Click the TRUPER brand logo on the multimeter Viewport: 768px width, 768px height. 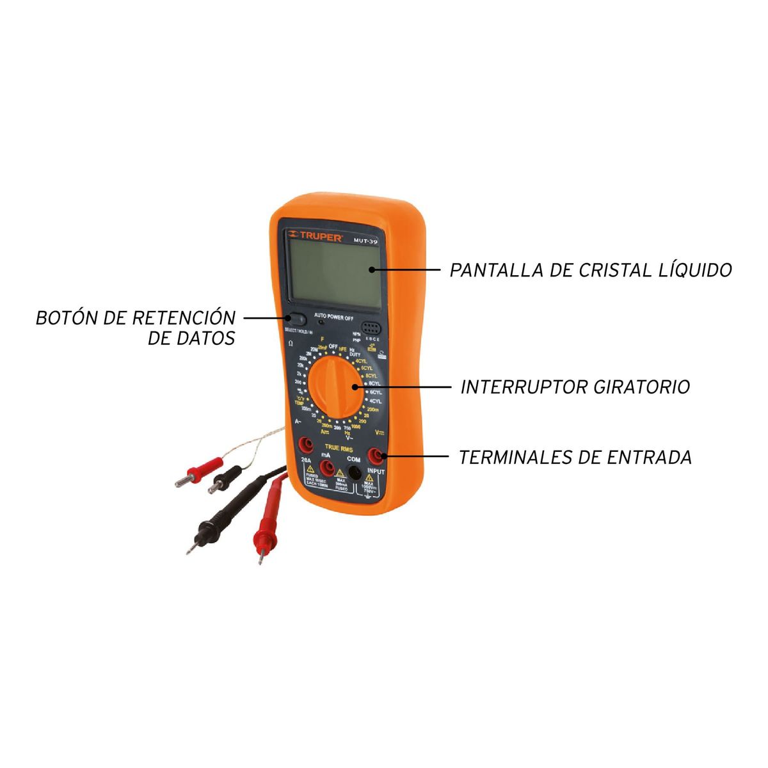[x=308, y=234]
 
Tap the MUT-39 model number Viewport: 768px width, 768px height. [x=365, y=241]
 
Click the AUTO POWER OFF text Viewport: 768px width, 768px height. [x=333, y=317]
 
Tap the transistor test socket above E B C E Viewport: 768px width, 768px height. [x=370, y=326]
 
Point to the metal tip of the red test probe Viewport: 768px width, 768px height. [x=260, y=559]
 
